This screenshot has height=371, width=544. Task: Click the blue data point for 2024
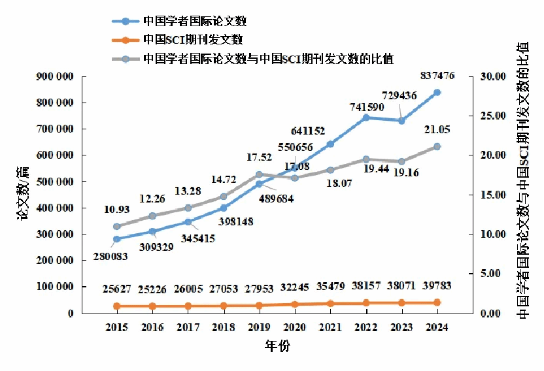click(437, 92)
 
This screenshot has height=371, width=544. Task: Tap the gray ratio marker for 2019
click(259, 174)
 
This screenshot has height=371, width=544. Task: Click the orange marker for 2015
click(117, 306)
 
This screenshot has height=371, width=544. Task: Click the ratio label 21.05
click(436, 129)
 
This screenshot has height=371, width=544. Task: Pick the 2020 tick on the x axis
click(294, 327)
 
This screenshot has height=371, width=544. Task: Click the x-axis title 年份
click(277, 346)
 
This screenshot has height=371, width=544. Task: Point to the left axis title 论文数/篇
click(24, 194)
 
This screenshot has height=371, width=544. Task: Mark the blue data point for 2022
click(366, 118)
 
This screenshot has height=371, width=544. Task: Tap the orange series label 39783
click(436, 285)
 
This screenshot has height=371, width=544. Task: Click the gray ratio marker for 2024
click(437, 146)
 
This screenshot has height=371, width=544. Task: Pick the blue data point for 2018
click(224, 208)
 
